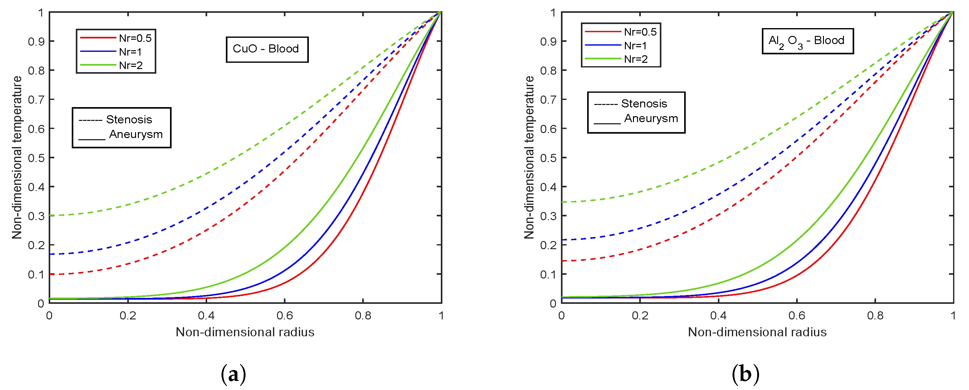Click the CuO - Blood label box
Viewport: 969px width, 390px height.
click(x=267, y=49)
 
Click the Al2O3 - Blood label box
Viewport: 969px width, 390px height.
click(x=807, y=41)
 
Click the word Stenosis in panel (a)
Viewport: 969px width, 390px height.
click(x=129, y=120)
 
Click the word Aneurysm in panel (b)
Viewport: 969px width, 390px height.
click(x=651, y=119)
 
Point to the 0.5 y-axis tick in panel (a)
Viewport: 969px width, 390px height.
click(x=36, y=158)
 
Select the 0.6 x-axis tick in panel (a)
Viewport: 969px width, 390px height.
click(x=285, y=315)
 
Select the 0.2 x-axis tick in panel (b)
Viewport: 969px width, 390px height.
click(x=640, y=315)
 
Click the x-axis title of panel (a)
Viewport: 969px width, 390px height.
click(x=245, y=332)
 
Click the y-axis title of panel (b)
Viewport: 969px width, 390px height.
click(x=529, y=157)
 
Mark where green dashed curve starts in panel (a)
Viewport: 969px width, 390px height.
click(x=50, y=216)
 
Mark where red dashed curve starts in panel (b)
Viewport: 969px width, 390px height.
click(x=562, y=261)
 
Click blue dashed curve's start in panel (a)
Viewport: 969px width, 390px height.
click(x=50, y=254)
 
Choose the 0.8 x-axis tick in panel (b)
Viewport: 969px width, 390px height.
click(x=875, y=315)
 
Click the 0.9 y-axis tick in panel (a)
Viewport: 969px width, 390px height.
click(x=36, y=42)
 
